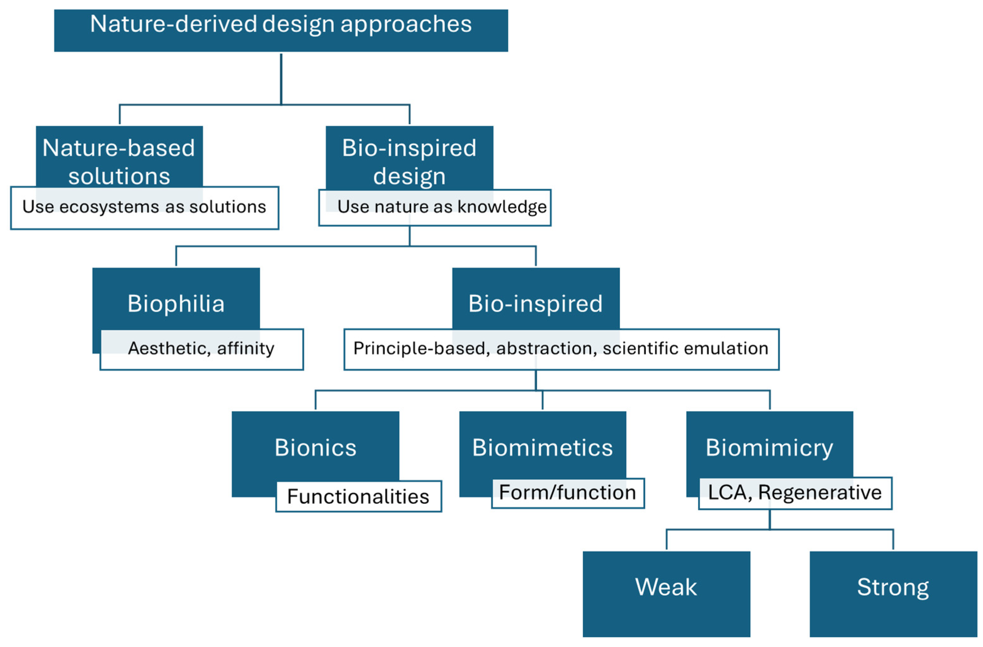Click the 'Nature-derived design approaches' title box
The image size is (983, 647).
point(281,30)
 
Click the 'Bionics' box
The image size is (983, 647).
point(315,447)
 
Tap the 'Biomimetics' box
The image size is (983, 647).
point(542,447)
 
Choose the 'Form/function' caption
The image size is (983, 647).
point(567,492)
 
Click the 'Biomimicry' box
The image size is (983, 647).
point(769,447)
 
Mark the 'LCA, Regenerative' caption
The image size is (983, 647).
point(795,492)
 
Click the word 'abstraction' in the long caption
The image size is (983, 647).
point(546,348)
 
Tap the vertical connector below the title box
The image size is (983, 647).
point(281,78)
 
